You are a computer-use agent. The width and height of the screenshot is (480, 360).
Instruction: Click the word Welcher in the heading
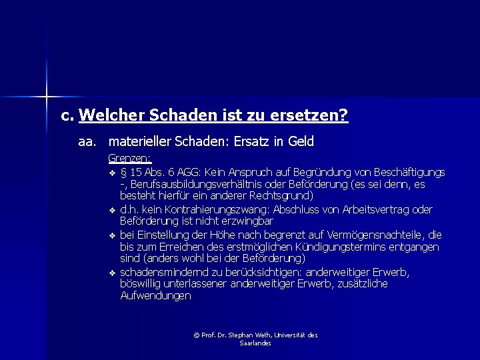click(109, 116)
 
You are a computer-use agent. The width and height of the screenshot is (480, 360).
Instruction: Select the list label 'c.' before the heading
click(67, 116)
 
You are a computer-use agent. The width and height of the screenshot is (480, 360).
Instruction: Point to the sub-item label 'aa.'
click(87, 142)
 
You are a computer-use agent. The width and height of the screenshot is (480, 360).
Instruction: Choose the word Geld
click(301, 142)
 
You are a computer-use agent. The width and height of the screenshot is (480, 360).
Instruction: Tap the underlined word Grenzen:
click(130, 159)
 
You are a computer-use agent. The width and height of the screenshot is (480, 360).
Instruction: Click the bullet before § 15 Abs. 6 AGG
click(112, 173)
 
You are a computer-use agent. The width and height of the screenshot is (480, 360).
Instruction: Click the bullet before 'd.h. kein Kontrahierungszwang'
click(112, 210)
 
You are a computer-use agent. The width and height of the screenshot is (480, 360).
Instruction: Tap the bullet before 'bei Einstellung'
click(112, 235)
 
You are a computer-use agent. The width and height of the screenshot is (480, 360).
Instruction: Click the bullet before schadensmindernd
click(112, 272)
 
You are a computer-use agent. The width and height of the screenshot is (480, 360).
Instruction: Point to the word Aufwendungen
click(155, 296)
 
